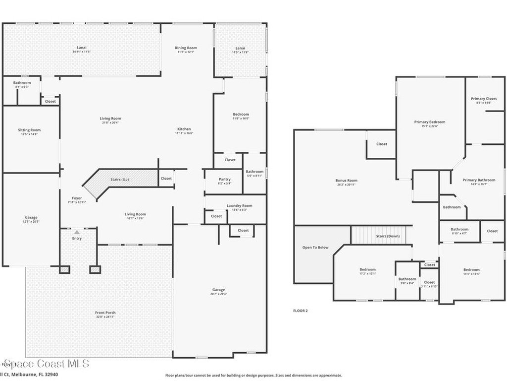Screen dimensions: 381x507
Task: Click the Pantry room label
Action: click(224, 179)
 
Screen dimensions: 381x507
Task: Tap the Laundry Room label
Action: click(239, 205)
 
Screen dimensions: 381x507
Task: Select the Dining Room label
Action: click(186, 48)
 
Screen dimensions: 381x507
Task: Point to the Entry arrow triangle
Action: click(76, 232)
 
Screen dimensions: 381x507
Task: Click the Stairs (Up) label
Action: click(119, 179)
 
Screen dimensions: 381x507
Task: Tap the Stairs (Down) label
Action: click(388, 236)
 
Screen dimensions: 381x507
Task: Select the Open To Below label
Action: click(315, 247)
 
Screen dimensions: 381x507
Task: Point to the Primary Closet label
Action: click(484, 99)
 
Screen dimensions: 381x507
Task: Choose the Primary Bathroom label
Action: click(479, 180)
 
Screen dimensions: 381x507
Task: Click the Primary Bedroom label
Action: click(429, 122)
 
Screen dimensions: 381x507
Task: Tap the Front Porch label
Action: click(105, 313)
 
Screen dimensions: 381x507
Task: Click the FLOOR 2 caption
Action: click(301, 311)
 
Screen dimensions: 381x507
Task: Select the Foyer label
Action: click(76, 198)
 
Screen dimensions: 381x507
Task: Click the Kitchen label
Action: click(184, 129)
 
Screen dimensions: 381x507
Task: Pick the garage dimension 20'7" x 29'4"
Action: click(218, 294)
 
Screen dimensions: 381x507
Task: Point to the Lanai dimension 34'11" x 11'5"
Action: click(82, 52)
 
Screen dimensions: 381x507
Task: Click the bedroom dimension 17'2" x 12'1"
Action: click(367, 273)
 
